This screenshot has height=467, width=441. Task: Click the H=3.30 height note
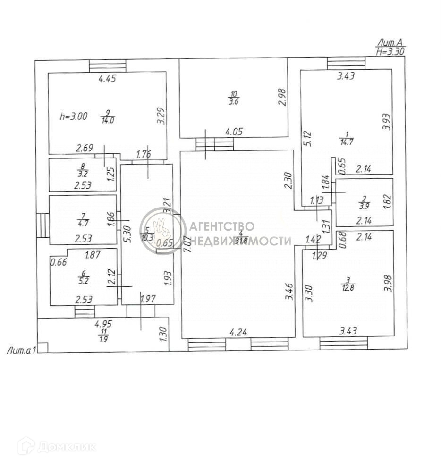(390, 52)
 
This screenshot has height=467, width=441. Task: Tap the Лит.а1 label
(22, 350)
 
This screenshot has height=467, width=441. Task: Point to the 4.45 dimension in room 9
(107, 79)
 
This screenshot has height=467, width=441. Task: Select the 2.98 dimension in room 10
(282, 98)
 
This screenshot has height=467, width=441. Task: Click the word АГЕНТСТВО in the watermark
(221, 227)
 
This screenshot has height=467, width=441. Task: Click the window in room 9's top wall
(108, 66)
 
